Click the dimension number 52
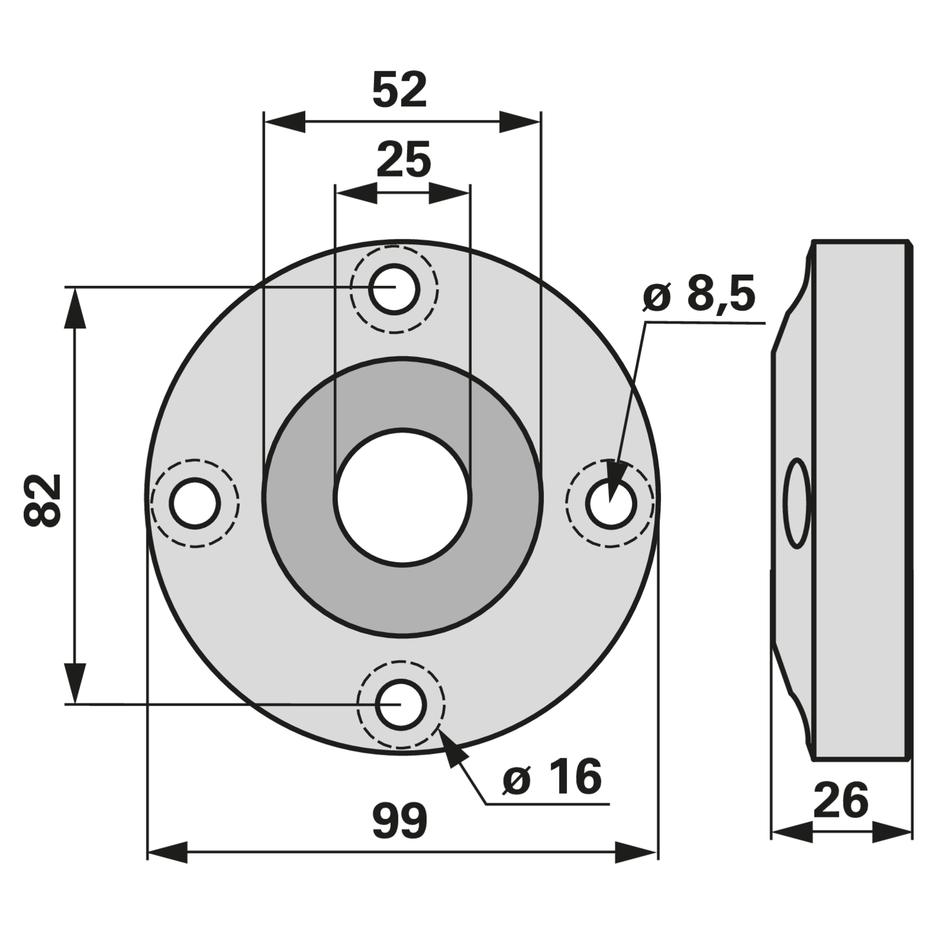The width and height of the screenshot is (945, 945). [399, 90]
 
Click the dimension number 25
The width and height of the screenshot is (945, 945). [404, 159]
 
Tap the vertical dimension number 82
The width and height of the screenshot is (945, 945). [43, 499]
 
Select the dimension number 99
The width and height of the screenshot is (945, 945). [400, 821]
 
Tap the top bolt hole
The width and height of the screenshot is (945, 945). [395, 289]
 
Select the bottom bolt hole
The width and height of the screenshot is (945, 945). [401, 705]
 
